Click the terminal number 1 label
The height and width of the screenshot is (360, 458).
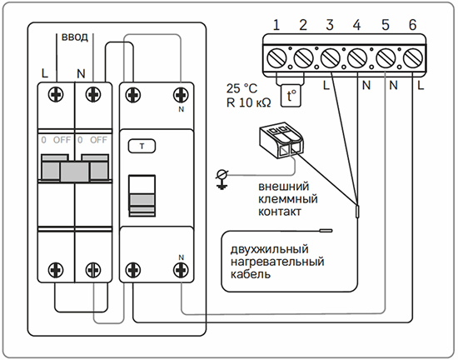[x=276, y=25]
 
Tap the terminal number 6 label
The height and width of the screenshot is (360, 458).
[x=412, y=25]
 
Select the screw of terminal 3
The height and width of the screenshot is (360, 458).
[x=331, y=57]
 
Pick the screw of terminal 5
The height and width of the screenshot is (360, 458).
[x=386, y=57]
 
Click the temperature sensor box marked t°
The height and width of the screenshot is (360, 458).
[x=291, y=96]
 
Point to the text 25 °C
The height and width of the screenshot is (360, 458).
[x=241, y=88]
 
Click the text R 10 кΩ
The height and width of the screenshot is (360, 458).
[x=249, y=102]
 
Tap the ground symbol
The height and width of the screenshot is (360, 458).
[x=222, y=180]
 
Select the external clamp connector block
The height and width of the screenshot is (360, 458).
[x=281, y=140]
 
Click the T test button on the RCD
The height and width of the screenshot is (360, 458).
[x=142, y=147]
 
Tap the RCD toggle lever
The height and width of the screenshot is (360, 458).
[x=142, y=196]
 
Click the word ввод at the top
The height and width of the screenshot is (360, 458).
[x=74, y=37]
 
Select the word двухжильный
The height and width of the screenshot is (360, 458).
[x=269, y=249]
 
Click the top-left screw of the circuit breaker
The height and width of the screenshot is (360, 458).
[x=56, y=95]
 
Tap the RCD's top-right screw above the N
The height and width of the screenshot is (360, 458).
[x=181, y=95]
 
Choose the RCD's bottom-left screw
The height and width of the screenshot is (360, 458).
[x=133, y=270]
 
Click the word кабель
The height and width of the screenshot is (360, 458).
[x=251, y=274]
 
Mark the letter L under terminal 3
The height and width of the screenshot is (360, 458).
[x=326, y=85]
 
